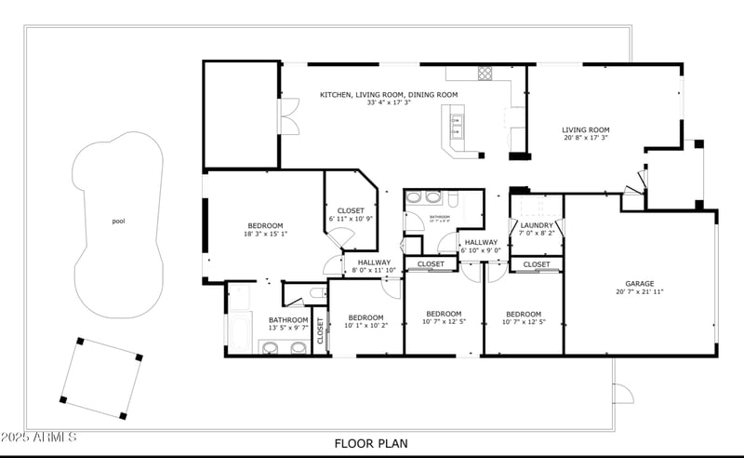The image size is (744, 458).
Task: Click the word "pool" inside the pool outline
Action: pos(118,222)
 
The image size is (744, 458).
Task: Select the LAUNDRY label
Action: pos(537,225)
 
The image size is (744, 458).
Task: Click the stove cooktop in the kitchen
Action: pos(485,73)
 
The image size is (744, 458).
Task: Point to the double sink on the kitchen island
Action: pos(456,120)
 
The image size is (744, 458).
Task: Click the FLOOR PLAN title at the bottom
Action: pos(371,444)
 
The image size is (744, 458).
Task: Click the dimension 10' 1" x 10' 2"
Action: pos(365,326)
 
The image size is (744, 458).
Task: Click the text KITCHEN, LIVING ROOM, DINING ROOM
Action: pos(389,95)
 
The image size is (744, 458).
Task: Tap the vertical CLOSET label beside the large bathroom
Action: pos(321,332)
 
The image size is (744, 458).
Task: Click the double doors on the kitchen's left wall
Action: pos(288,122)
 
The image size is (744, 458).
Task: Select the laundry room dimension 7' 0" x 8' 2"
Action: pos(537,234)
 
